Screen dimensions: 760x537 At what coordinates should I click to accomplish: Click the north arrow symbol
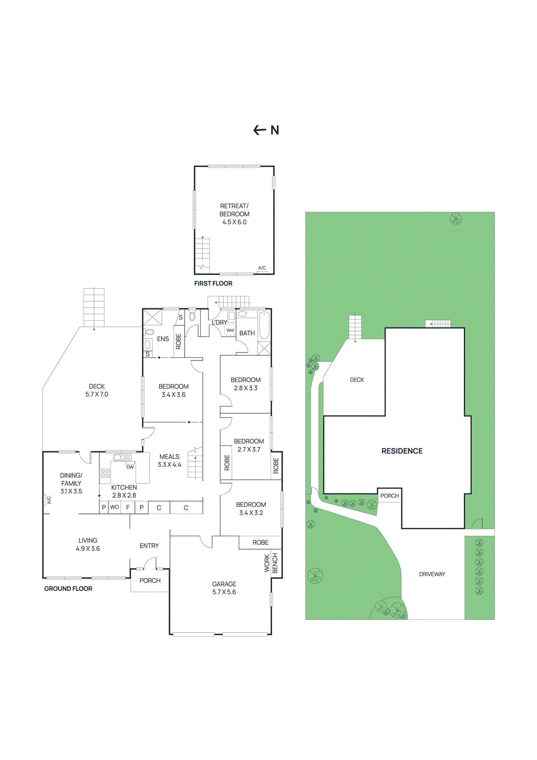260,130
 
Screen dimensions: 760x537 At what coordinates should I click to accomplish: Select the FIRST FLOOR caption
213,284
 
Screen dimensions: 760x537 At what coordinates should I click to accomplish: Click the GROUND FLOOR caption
68,589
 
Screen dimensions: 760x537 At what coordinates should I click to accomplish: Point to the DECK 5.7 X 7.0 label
97,390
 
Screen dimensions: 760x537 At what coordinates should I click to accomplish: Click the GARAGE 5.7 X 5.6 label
224,588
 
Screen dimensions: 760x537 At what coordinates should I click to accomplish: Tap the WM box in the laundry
230,330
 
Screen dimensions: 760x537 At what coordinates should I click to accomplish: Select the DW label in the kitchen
130,467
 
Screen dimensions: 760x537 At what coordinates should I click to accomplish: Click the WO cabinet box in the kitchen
114,507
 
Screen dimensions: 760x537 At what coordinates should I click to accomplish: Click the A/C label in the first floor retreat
262,268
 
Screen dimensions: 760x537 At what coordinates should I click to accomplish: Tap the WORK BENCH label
271,563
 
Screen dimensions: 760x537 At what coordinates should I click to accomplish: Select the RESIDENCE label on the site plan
402,451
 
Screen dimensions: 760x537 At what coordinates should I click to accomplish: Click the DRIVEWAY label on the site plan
432,574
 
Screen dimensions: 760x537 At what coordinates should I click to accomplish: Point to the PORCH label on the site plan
390,496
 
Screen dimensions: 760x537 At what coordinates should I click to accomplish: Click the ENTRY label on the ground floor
149,546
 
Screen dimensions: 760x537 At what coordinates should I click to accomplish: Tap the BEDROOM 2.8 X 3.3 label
245,384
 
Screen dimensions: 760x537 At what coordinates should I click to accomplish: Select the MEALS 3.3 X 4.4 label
170,461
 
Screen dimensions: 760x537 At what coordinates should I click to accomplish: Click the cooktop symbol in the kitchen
105,473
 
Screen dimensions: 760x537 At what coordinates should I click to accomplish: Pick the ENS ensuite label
163,339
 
